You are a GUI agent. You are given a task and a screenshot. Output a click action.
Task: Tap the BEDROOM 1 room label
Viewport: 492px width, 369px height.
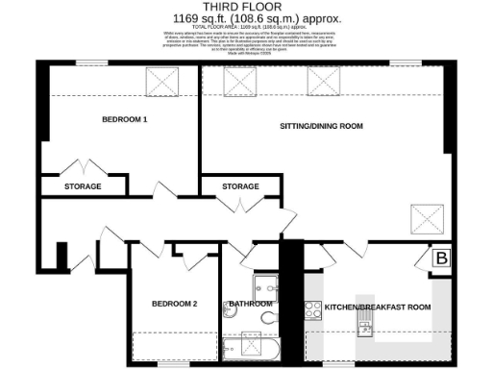tap(125, 120)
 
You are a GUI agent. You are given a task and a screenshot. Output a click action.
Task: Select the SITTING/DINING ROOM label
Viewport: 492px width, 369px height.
tap(320, 126)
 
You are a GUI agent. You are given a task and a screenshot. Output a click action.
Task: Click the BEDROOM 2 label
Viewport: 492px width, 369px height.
tap(174, 304)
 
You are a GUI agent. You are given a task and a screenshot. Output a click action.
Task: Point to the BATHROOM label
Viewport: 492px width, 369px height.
tap(249, 304)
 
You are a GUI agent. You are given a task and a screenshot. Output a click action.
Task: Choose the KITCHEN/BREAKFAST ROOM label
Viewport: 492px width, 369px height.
tap(377, 307)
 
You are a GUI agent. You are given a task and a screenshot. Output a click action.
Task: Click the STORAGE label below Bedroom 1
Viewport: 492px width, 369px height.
tap(84, 186)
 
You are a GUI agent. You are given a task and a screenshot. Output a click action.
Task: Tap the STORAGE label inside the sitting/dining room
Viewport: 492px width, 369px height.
tap(240, 186)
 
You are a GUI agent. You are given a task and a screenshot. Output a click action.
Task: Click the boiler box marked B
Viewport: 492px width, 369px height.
tap(440, 258)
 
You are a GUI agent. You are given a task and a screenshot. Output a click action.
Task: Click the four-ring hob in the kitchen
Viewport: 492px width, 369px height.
tap(313, 309)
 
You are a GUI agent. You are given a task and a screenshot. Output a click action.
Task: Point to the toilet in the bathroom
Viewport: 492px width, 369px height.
tap(270, 316)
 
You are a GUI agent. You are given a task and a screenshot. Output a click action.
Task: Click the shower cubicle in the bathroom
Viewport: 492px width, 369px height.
tap(265, 284)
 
